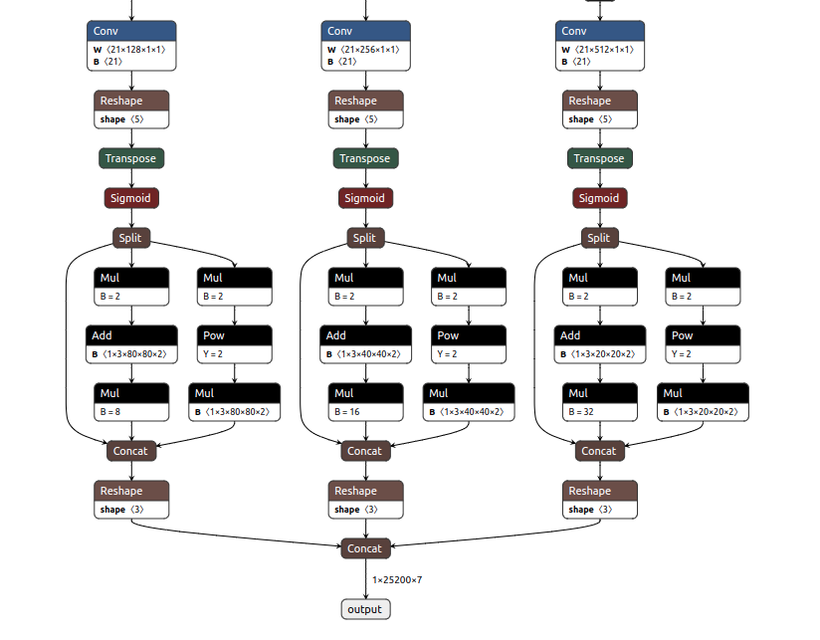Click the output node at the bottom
pos(365,609)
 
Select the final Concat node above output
pos(365,547)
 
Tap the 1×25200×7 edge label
pos(397,579)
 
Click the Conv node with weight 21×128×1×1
pos(131,46)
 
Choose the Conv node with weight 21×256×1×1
pos(366,46)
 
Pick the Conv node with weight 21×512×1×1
pos(600,46)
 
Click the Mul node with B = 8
pos(131,402)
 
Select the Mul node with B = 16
pos(366,402)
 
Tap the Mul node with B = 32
pos(600,402)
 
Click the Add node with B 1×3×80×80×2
pos(131,344)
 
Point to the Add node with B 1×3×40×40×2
pos(366,344)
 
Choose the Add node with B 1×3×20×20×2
pos(600,344)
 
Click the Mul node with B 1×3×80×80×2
pos(234,402)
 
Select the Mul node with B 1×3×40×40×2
pos(469,402)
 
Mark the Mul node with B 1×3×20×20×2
pos(703,402)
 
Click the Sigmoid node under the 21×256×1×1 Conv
pos(365,198)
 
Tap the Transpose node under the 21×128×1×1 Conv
pos(130,158)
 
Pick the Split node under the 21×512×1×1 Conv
pos(599,238)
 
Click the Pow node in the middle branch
pos(469,344)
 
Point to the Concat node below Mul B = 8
pos(130,451)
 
